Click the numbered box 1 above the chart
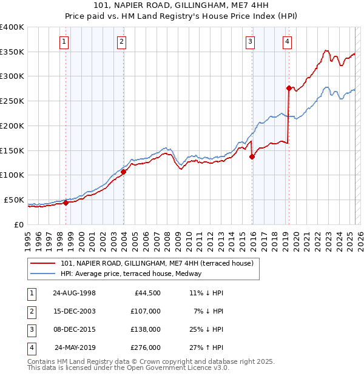click(64, 41)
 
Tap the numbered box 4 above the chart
click(287, 41)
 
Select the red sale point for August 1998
click(66, 203)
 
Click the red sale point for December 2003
click(123, 172)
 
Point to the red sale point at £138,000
click(252, 156)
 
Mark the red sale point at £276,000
click(289, 88)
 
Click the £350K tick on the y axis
click(12, 52)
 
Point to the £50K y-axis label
click(14, 200)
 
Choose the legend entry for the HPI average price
click(131, 274)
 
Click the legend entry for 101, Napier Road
click(160, 263)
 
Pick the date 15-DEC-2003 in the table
click(74, 311)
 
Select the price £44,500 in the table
click(147, 293)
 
